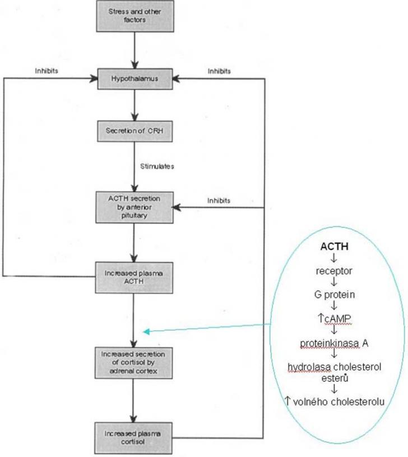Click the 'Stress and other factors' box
pos(134,15)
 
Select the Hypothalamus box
pos(134,79)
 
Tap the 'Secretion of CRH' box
pos(134,132)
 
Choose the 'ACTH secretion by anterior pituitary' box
pos(134,207)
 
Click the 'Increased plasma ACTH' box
pos(134,277)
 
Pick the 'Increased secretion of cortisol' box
pos(134,363)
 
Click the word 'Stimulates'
pos(156,166)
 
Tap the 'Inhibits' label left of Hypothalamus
pos(46,71)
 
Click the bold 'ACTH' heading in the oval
pos(334,246)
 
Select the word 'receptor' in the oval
pos(334,271)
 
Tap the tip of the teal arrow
pos(145,332)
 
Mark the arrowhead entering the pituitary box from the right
pos(175,207)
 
